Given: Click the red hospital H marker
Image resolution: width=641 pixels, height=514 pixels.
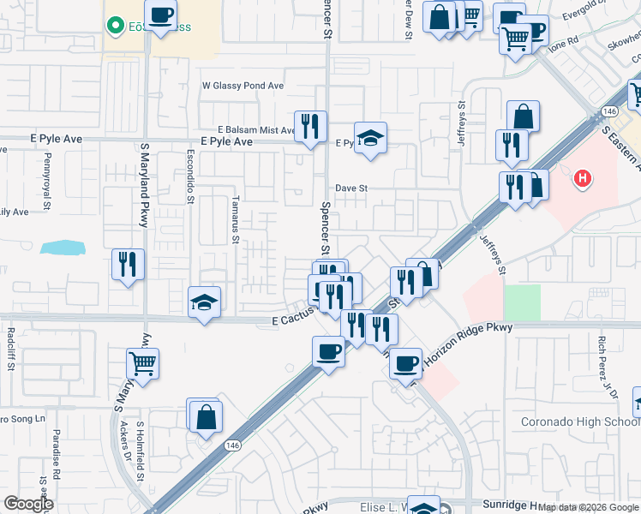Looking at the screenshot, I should (x=583, y=178).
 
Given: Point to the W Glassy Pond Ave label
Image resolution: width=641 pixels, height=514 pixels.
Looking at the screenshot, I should (x=243, y=86).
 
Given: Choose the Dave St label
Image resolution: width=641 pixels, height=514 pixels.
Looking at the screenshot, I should (x=351, y=187).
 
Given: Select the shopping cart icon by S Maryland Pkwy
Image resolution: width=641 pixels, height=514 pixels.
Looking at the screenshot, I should (x=142, y=362).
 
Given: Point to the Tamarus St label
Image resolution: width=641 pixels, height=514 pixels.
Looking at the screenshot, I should (x=234, y=218).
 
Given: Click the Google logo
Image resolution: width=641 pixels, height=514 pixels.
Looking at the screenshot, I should (x=28, y=504).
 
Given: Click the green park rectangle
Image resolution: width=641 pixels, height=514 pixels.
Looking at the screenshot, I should (x=522, y=303).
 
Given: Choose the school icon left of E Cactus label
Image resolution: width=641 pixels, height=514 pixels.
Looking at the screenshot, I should (x=204, y=302).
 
